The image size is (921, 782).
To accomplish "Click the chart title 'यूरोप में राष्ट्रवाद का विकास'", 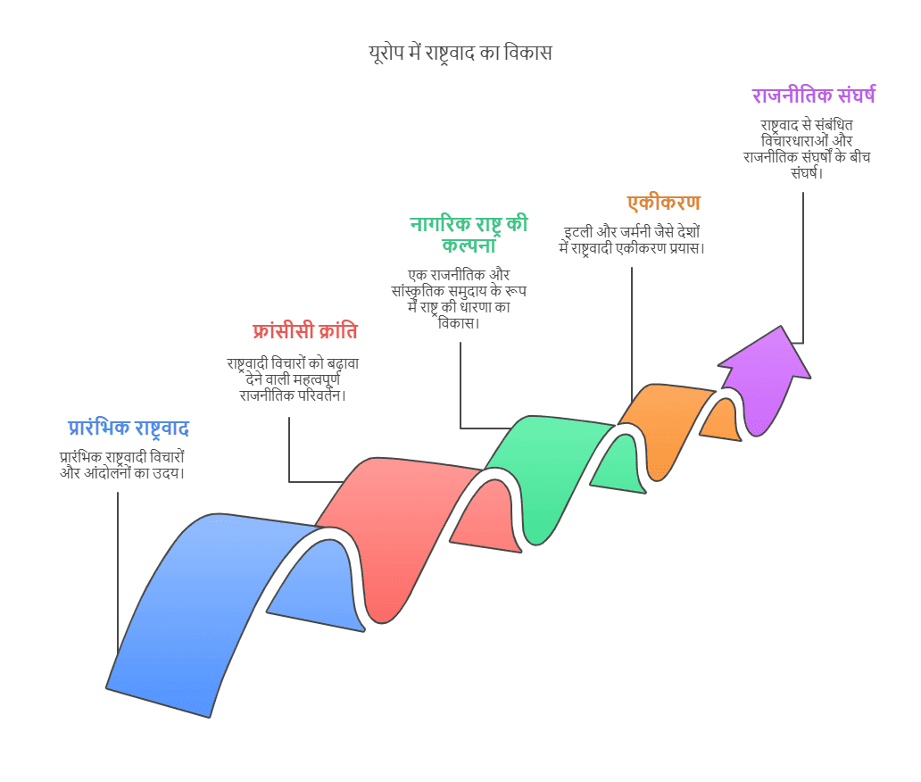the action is click(460, 53).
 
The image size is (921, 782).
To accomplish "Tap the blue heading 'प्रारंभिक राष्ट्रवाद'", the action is click(128, 428).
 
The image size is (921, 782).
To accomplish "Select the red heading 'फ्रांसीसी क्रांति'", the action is click(305, 331).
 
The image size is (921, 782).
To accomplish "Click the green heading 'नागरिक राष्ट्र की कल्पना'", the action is click(469, 234).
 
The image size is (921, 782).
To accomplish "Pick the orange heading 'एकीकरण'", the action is click(664, 203).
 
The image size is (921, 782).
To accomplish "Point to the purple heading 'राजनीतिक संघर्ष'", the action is click(814, 96).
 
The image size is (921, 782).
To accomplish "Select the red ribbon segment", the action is click(400, 528).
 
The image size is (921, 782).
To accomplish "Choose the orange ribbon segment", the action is click(669, 423).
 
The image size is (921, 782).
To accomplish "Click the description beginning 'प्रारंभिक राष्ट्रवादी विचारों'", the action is click(122, 465).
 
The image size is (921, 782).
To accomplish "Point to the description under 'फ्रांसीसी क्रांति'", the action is click(293, 379).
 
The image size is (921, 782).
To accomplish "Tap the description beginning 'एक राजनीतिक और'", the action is click(459, 298).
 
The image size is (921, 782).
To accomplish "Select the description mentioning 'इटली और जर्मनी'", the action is click(632, 240).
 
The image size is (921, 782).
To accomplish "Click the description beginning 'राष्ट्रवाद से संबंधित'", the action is click(807, 149).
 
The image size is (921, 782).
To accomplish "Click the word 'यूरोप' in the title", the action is click(386, 54).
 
